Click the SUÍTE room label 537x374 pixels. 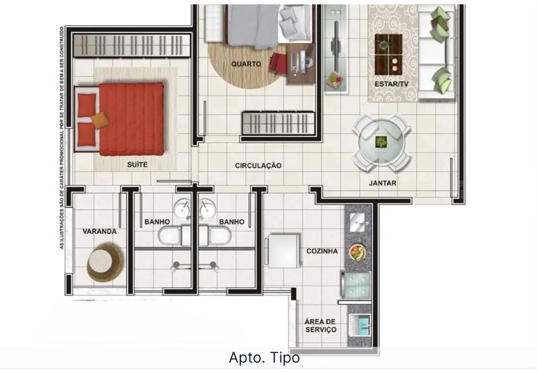pos(137,164)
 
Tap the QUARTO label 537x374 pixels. pos(246,64)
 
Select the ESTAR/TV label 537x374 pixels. pos(391,84)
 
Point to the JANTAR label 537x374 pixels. pos(382,183)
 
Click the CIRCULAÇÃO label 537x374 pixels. pos(258,165)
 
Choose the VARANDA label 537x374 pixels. pos(99,231)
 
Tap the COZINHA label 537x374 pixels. pos(322,251)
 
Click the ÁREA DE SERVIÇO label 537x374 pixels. pos(321,326)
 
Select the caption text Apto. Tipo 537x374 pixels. pos(264,358)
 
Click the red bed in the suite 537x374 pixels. pos(131,119)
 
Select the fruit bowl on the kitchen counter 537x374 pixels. pos(357,252)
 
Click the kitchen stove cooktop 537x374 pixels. pos(356,283)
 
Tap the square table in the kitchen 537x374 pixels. pos(285,250)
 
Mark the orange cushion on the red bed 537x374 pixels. pos(100,119)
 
